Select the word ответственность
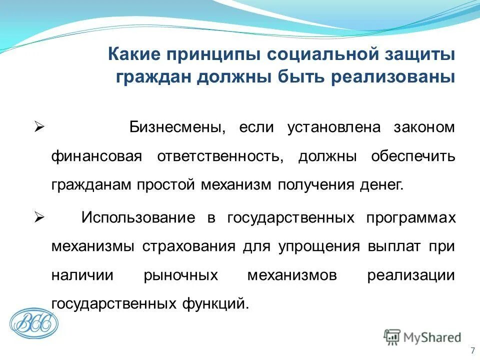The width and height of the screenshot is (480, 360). [x=221, y=156]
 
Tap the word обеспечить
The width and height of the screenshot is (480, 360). [x=413, y=156]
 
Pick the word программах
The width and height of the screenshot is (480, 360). [x=410, y=218]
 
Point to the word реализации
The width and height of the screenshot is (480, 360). [x=410, y=276]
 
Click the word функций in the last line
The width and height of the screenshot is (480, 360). [x=219, y=304]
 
